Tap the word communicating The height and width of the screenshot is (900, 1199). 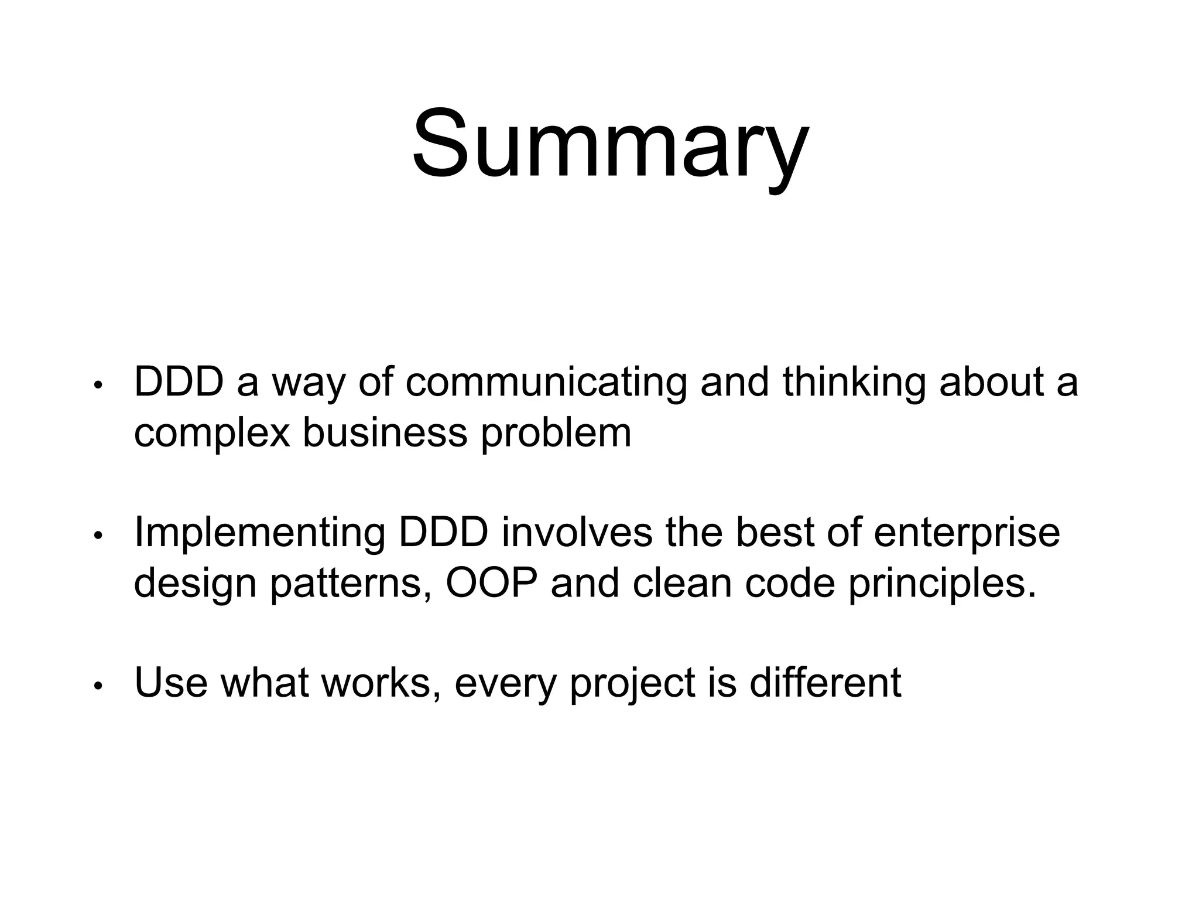(546, 382)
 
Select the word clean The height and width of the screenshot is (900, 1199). (682, 584)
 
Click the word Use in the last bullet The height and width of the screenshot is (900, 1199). (170, 683)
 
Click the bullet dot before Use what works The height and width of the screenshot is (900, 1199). (98, 685)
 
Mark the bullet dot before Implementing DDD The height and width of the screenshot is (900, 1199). (98, 535)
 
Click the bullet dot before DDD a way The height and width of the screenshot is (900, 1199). (98, 385)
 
